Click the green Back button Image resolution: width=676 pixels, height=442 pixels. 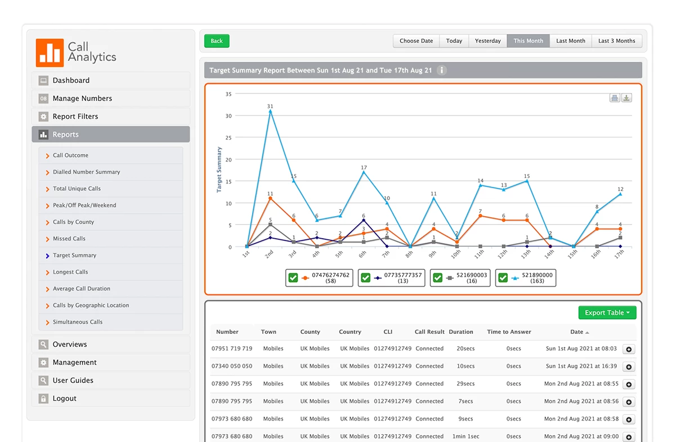coord(217,41)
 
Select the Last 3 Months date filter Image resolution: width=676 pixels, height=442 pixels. coord(616,41)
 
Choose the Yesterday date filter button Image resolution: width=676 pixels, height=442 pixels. coord(487,41)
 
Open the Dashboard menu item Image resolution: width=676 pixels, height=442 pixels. coord(71,81)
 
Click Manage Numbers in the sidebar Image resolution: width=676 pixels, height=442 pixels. coord(82,99)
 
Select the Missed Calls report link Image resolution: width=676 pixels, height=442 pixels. coord(69,239)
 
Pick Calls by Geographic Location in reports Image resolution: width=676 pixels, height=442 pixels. coord(91,305)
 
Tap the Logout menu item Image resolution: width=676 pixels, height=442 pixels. coord(64,399)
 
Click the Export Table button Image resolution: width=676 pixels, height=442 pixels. coord(607,313)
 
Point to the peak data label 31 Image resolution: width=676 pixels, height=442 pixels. coord(270,106)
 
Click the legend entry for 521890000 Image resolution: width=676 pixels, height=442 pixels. coord(537,278)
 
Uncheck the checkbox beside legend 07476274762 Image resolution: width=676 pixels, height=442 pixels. coord(293,278)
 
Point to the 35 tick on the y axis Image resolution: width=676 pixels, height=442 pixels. coord(229,94)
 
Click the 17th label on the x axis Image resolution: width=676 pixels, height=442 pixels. coord(619,255)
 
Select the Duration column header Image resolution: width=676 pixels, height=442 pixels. coord(461,332)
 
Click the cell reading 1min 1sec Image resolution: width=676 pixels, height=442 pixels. coord(465,436)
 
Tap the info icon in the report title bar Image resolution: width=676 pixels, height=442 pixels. coord(442,70)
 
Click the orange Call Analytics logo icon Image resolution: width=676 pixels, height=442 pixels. coord(50,52)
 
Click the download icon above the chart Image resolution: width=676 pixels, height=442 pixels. coord(626,98)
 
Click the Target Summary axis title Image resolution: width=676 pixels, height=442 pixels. coord(220,169)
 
